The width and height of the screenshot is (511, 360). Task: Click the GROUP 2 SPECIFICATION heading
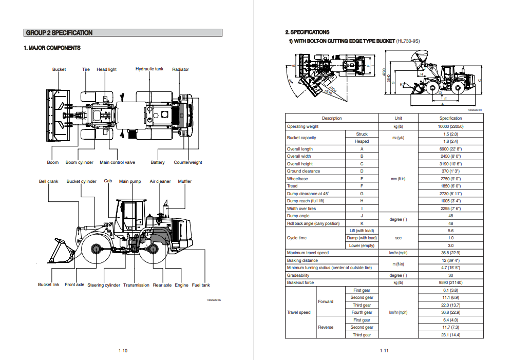(60, 33)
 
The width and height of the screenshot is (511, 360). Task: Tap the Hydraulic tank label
(149, 69)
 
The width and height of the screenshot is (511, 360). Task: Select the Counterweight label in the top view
(188, 162)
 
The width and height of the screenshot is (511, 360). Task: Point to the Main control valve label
(118, 162)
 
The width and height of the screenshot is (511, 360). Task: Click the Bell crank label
(49, 181)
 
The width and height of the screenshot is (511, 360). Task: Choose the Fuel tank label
(201, 285)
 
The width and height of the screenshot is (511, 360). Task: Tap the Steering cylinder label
(104, 285)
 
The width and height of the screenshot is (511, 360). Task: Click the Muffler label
(185, 181)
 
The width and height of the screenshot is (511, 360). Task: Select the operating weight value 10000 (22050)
(450, 126)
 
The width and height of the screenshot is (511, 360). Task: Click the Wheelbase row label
(297, 179)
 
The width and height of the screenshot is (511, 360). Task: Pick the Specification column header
(450, 119)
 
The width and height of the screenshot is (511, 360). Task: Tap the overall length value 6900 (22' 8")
(450, 149)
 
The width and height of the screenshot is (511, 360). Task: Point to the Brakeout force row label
(300, 282)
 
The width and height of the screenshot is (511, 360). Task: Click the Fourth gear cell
(362, 312)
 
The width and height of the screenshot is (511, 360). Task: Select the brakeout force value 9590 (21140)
(450, 282)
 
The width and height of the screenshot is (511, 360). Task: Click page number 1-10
(123, 351)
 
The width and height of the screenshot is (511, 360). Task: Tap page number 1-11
(384, 351)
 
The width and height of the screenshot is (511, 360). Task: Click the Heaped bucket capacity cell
(362, 141)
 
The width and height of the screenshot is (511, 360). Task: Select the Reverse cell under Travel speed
(326, 327)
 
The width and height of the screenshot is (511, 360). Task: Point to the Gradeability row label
(298, 275)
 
